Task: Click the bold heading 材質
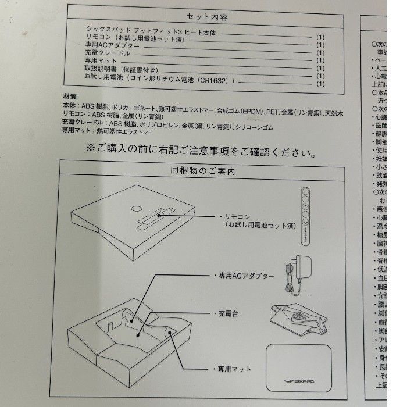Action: [69, 95]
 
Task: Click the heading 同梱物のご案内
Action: [202, 172]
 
